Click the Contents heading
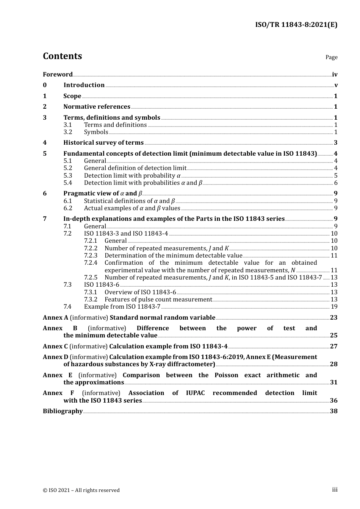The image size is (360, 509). click(62, 56)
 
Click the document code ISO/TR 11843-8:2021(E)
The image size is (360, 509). click(296, 25)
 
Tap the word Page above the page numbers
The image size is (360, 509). click(331, 57)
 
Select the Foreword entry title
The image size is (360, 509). click(58, 75)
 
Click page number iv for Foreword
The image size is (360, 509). click(335, 75)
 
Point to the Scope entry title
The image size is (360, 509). click(72, 96)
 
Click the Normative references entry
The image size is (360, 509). click(97, 107)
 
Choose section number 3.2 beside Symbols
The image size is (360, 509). click(67, 132)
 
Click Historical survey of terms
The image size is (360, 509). click(103, 143)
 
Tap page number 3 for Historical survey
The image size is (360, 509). click(336, 143)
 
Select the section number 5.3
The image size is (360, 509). click(67, 176)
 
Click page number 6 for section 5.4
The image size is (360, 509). click(336, 183)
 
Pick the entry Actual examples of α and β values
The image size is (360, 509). click(132, 208)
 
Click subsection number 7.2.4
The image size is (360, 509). click(91, 263)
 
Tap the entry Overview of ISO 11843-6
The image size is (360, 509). click(140, 292)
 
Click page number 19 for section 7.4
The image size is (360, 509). click(334, 307)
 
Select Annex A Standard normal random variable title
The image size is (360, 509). click(129, 318)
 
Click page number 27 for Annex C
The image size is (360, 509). click(333, 347)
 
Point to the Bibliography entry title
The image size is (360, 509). click(63, 411)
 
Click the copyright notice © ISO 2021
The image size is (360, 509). click(81, 490)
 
